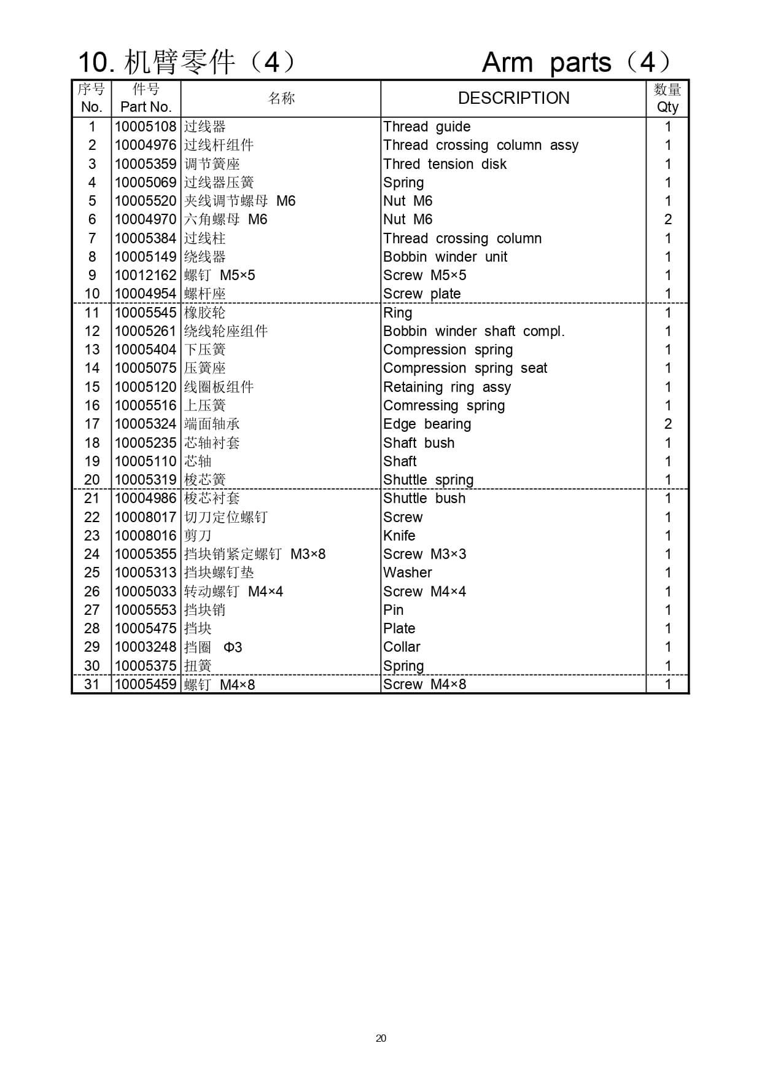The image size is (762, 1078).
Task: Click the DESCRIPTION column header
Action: pos(513,98)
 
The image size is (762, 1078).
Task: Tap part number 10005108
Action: pos(146,127)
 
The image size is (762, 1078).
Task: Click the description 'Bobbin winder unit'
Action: pos(445,257)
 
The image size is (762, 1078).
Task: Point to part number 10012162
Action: pos(146,275)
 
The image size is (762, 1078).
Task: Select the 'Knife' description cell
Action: pos(399,536)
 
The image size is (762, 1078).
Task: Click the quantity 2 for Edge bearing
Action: pos(667,424)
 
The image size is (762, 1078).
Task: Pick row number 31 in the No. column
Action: pos(91,684)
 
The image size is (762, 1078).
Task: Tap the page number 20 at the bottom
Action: pos(381,1038)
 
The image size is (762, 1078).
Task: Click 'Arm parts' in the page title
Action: pos(546,62)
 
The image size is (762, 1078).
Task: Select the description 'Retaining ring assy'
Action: pos(447,387)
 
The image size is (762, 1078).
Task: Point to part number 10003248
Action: pos(146,647)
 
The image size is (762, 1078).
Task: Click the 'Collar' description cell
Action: pos(402,647)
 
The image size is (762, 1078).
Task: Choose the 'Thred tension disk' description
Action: pos(445,164)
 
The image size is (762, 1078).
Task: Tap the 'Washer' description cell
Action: pos(407,572)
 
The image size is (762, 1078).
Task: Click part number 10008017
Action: pos(146,517)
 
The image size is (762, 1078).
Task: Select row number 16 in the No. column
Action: pos(91,405)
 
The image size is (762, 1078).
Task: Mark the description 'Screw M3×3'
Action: pos(424,554)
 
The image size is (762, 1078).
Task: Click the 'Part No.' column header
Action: pos(146,107)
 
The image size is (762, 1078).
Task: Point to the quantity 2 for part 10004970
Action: pos(667,219)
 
